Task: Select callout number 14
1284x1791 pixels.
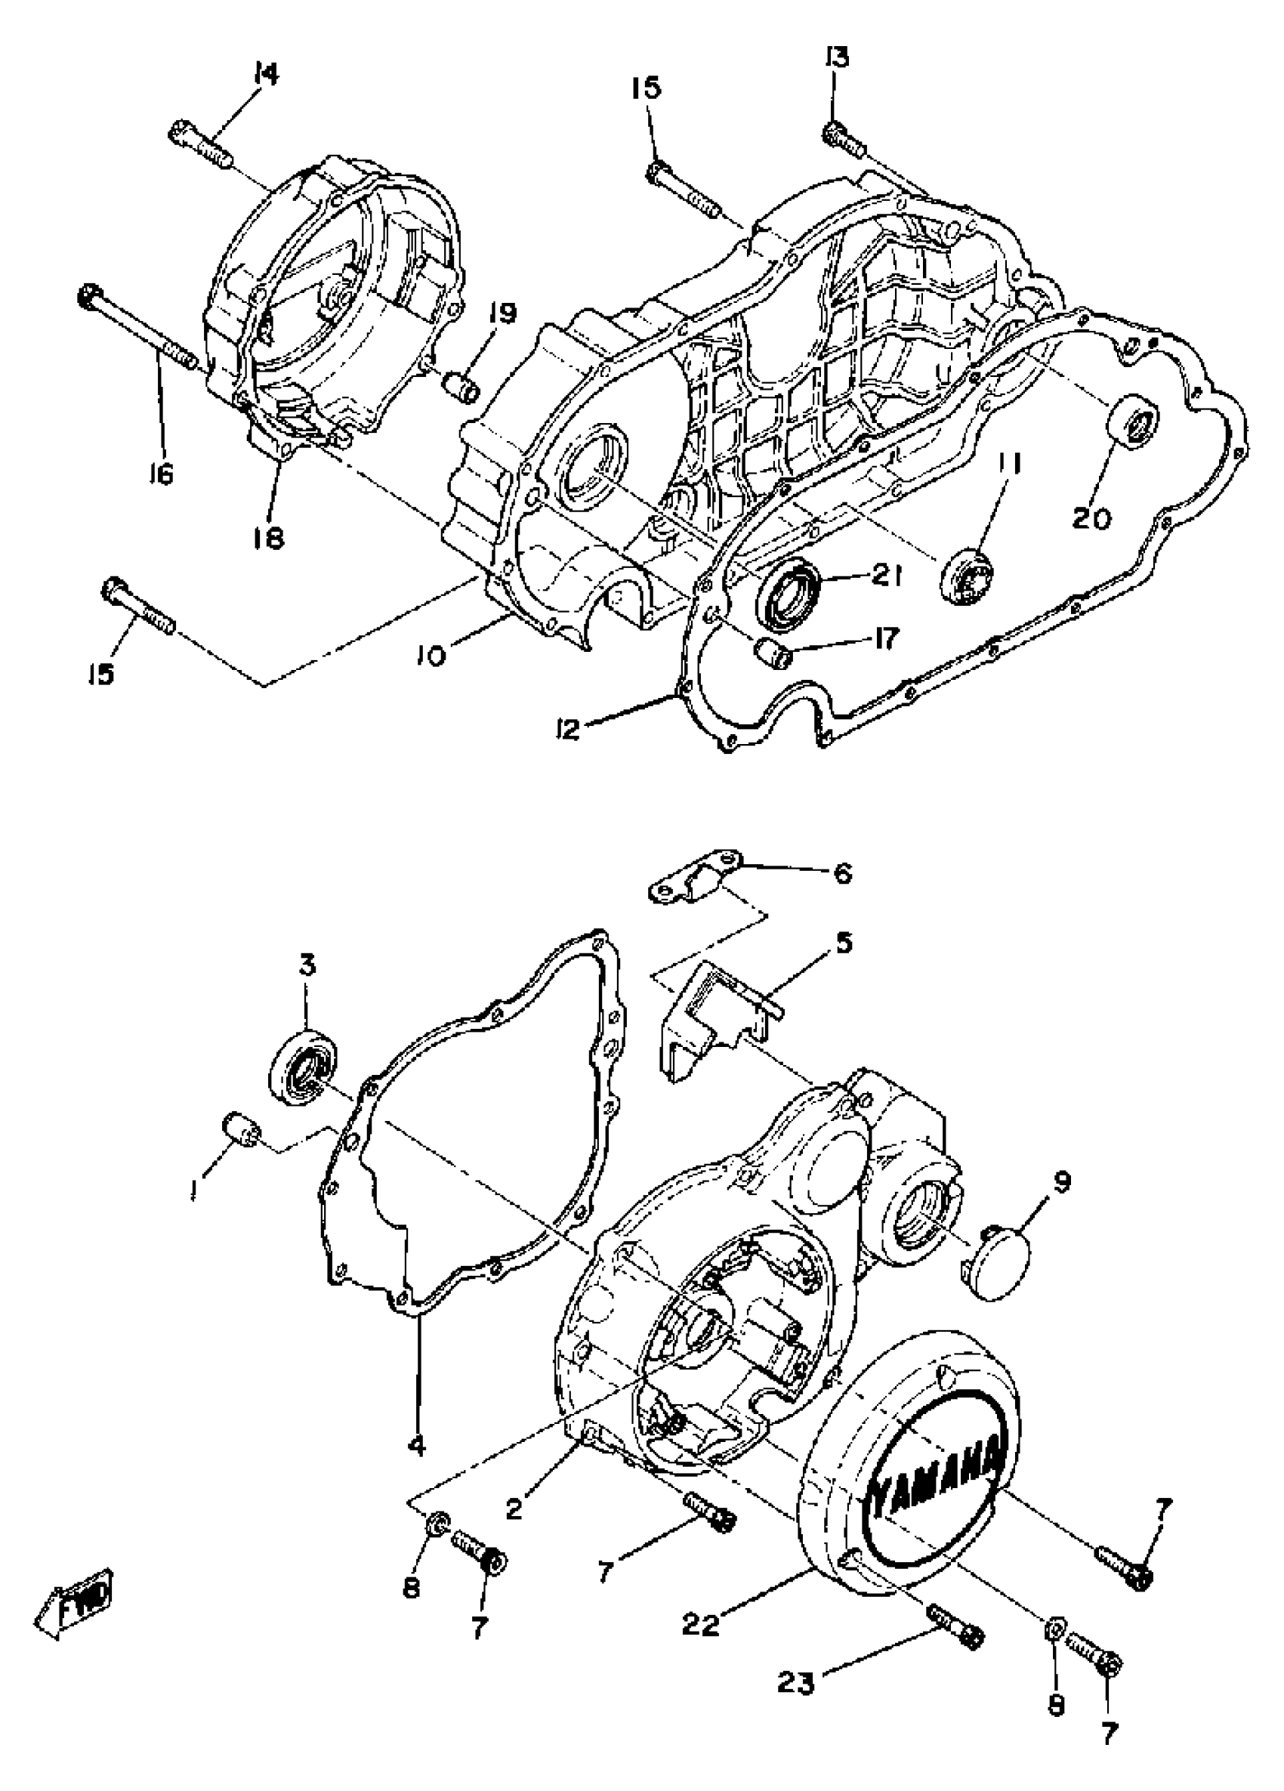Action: coord(266,74)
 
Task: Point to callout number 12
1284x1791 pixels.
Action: coord(568,728)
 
